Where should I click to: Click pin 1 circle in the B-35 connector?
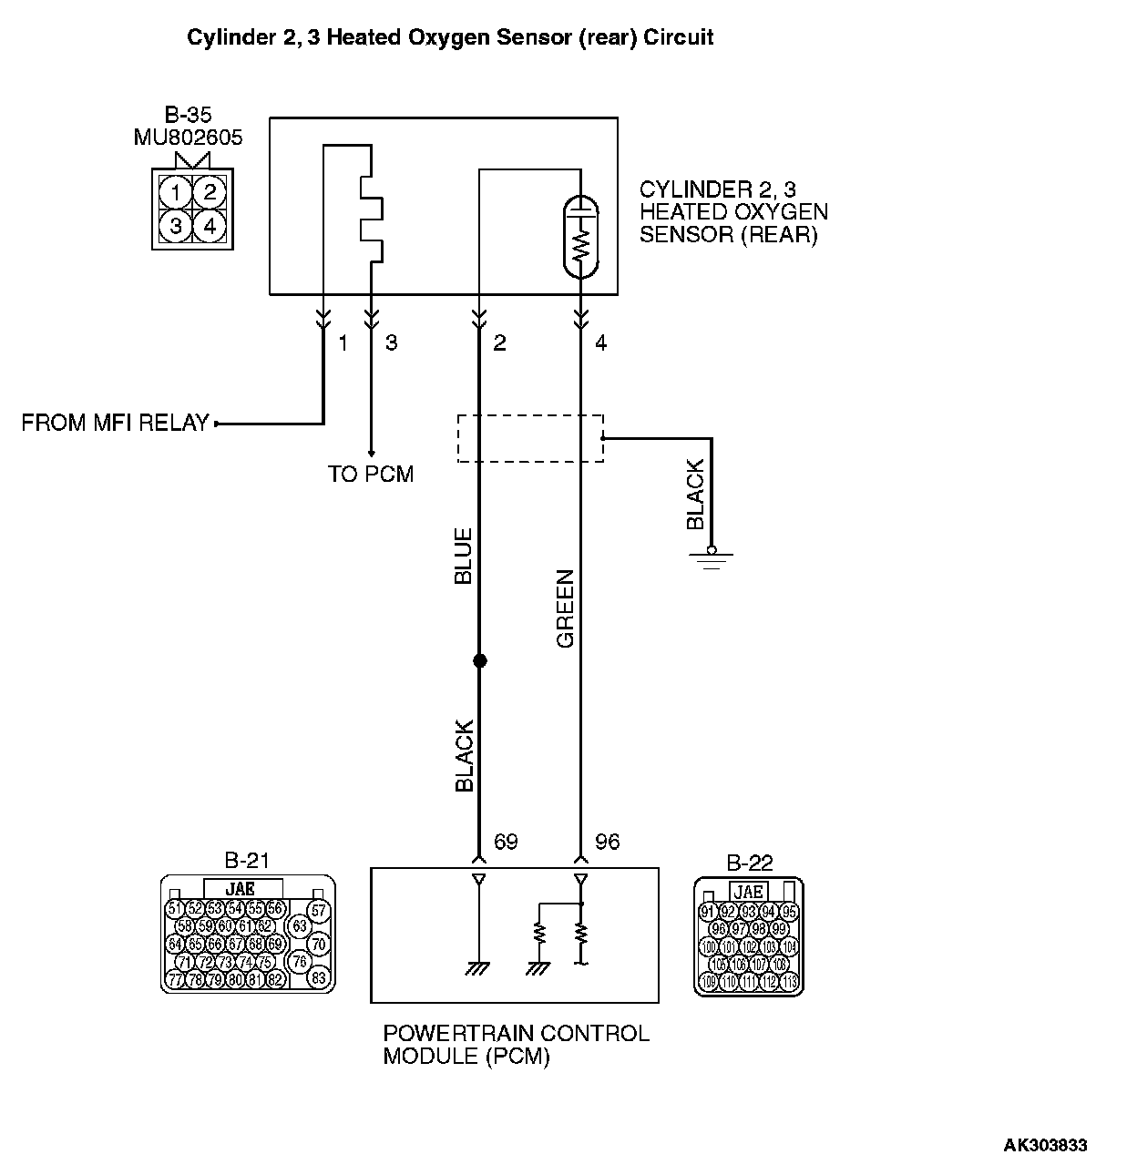click(175, 191)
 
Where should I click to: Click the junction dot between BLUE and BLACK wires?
click(479, 660)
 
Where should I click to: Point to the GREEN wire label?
click(566, 608)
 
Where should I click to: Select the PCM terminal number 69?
click(506, 842)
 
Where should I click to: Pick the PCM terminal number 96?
click(607, 842)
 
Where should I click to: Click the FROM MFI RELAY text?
click(115, 424)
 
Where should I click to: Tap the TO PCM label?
click(371, 475)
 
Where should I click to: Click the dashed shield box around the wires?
click(529, 438)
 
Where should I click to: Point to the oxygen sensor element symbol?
click(581, 237)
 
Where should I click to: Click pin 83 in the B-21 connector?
click(319, 978)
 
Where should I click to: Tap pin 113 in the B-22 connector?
click(789, 982)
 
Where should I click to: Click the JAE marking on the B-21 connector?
click(242, 889)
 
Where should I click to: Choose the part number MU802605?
click(188, 138)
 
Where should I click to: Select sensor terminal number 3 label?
click(392, 343)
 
